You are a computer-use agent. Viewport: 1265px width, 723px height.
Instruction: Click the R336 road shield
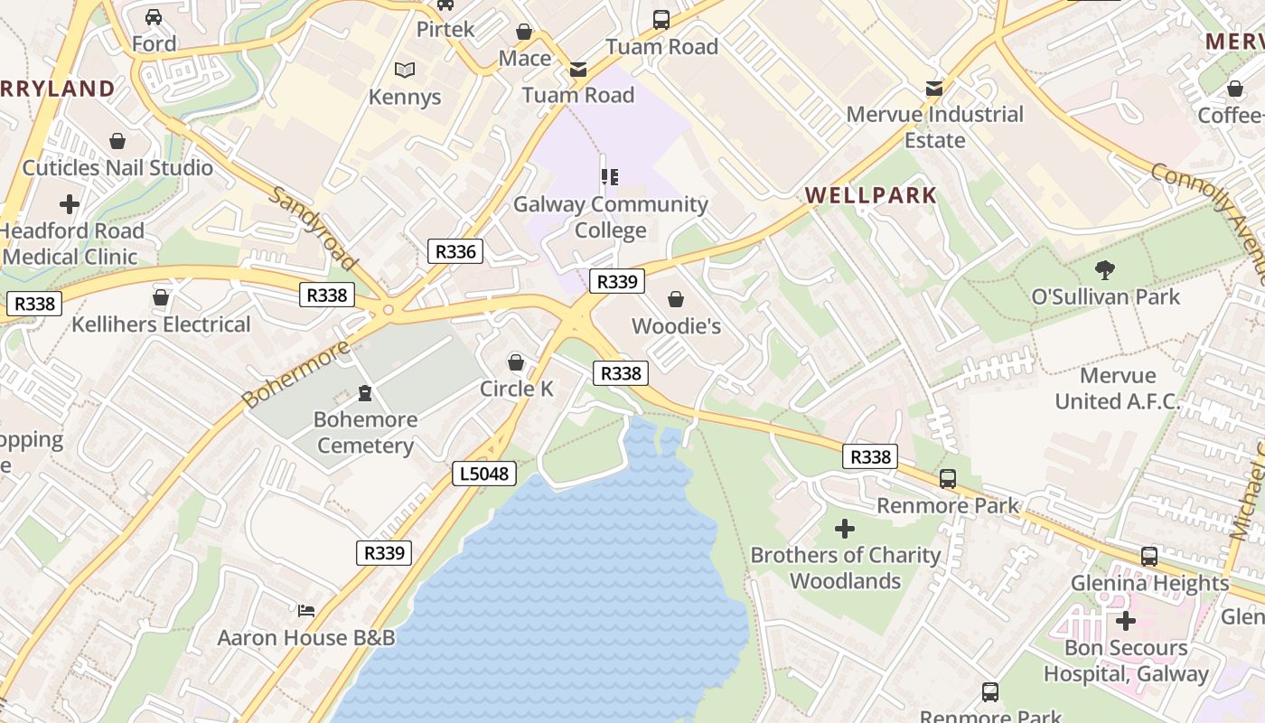[455, 251]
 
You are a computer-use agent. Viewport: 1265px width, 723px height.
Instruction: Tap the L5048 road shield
[484, 473]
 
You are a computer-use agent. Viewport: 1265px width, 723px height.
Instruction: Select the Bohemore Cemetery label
[365, 432]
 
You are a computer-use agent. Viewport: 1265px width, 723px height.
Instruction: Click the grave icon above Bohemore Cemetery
[365, 393]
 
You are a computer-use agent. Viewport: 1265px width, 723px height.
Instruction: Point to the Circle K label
[517, 389]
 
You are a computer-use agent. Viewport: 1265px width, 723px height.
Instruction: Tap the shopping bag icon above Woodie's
[676, 299]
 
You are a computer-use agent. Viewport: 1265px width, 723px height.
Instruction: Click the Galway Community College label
[611, 217]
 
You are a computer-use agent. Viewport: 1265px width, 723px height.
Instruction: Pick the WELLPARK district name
[871, 195]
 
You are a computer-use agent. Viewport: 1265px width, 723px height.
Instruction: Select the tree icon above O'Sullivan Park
[1104, 269]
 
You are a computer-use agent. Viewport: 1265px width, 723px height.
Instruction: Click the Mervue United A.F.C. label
[1118, 388]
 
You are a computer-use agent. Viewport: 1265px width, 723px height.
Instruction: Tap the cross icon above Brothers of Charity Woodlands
[845, 528]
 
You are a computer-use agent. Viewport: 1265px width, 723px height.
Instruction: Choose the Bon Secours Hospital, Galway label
[1126, 661]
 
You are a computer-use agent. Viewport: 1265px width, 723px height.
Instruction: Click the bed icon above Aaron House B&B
[306, 611]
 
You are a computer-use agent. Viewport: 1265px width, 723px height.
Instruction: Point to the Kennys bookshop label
[405, 97]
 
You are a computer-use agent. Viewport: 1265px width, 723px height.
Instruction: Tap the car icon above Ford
[154, 17]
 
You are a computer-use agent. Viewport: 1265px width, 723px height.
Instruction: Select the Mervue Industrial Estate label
[935, 127]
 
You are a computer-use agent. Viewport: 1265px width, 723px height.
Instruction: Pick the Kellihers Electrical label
[161, 324]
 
